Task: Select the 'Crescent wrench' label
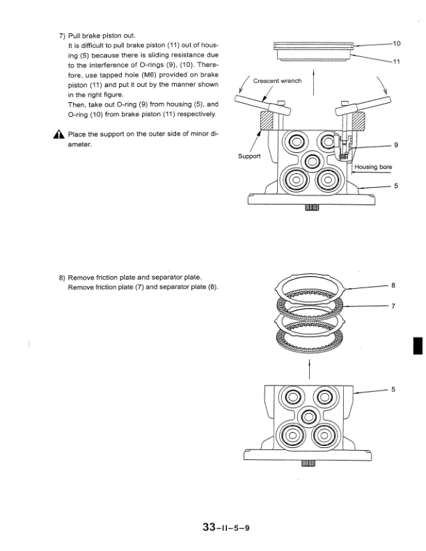[277, 81]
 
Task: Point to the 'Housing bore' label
[373, 167]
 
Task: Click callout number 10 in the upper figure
[397, 43]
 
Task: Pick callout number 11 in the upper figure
[397, 62]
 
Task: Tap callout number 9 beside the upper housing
[395, 145]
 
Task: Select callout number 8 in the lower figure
[393, 285]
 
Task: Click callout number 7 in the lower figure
[393, 305]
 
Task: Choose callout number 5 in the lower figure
[393, 390]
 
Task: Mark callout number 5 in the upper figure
[395, 186]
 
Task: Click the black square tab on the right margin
[418, 346]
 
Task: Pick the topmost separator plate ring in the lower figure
[311, 286]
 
